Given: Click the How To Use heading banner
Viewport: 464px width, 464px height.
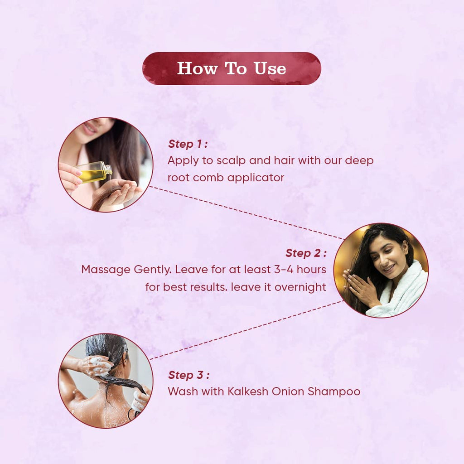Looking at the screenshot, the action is click(x=232, y=68).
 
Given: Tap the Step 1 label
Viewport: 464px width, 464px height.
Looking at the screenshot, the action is click(x=188, y=144).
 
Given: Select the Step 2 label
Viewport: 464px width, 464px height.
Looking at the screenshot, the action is click(x=306, y=253).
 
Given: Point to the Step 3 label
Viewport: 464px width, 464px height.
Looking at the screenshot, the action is click(x=188, y=375).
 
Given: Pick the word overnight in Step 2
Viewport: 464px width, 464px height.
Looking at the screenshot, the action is click(x=300, y=287).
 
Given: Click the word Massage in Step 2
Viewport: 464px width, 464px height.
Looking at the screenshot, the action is click(x=106, y=270).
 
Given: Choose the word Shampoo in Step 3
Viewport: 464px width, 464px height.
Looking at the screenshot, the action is click(x=334, y=392).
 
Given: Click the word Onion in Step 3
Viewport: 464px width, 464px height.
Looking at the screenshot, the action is click(x=288, y=391).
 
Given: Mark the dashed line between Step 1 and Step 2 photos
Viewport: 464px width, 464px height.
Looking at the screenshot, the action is click(x=247, y=213).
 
